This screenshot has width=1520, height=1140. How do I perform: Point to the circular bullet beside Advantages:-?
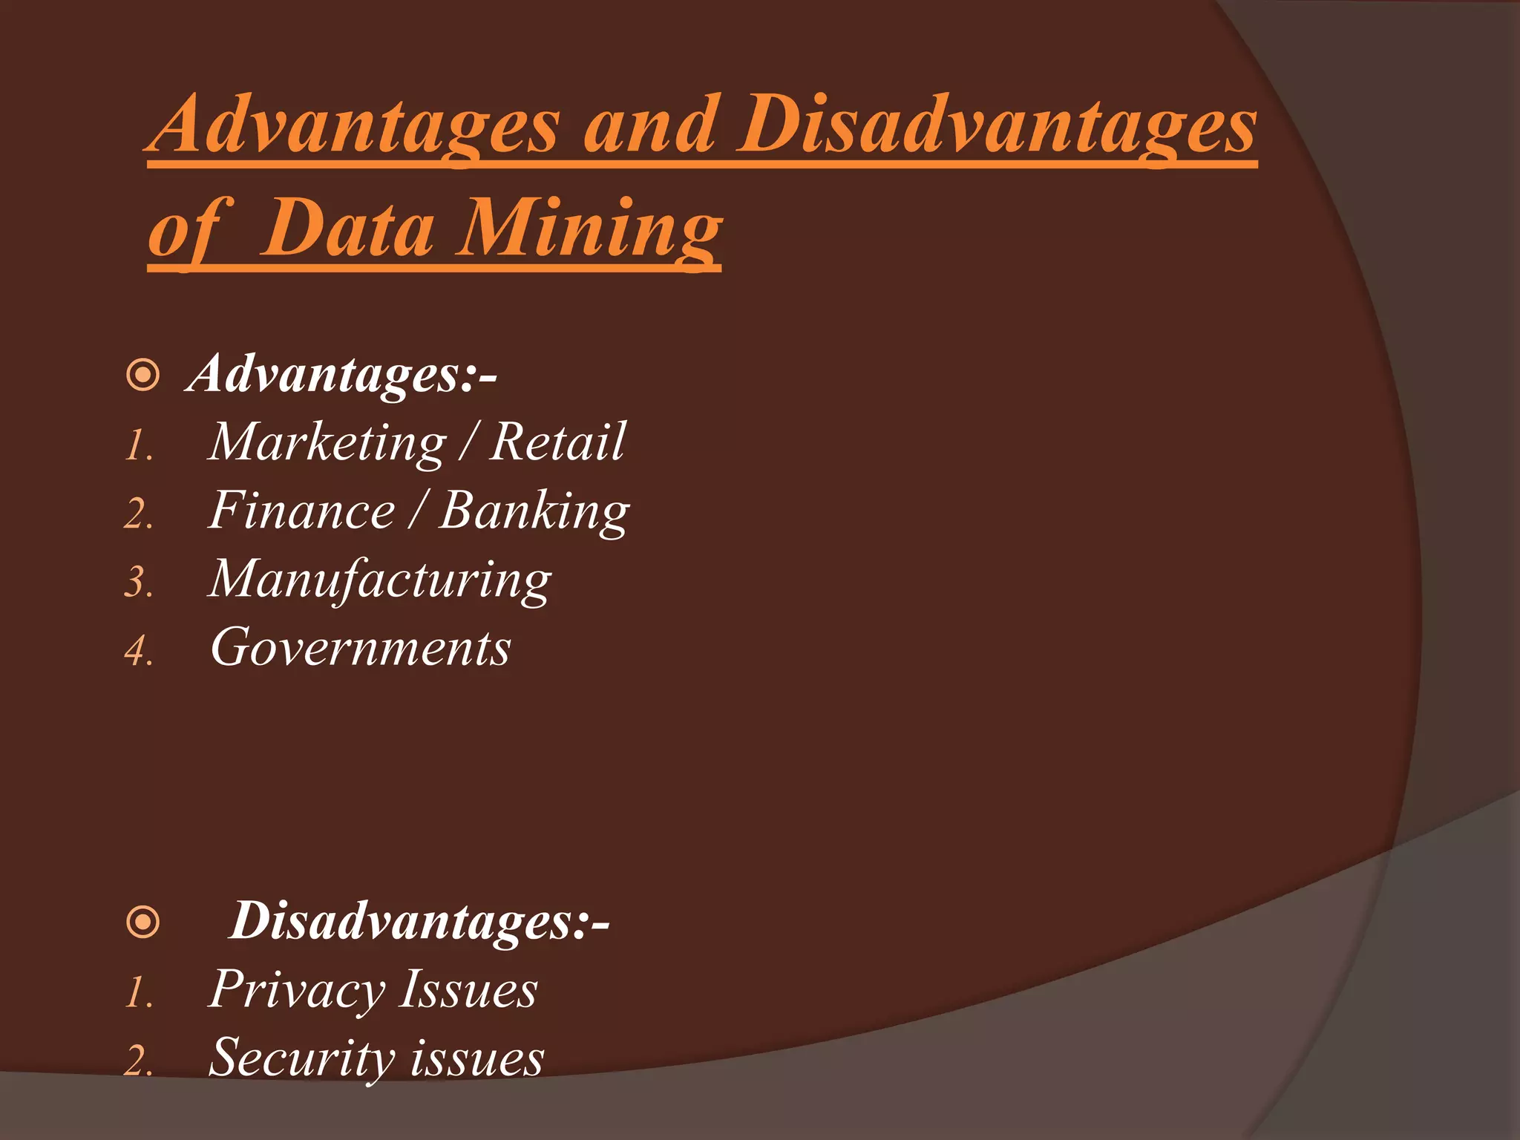(x=143, y=375)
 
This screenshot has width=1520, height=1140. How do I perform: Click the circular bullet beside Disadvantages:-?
(x=143, y=923)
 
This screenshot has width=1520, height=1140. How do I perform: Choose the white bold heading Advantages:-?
(x=342, y=373)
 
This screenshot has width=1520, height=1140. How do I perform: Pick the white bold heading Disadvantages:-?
(x=419, y=921)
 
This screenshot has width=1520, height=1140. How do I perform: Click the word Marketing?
(x=327, y=443)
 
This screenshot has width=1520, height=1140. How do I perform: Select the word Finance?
(x=301, y=511)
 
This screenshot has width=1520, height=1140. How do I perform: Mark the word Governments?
(x=361, y=648)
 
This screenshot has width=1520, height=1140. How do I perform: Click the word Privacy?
(x=297, y=991)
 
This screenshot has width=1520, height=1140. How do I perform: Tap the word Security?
(x=301, y=1058)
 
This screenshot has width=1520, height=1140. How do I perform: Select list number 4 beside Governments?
(x=138, y=652)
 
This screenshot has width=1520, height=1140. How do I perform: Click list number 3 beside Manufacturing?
(x=138, y=583)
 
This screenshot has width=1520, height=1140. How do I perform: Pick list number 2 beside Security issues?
(x=138, y=1061)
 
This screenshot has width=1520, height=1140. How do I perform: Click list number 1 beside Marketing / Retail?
(x=138, y=447)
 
